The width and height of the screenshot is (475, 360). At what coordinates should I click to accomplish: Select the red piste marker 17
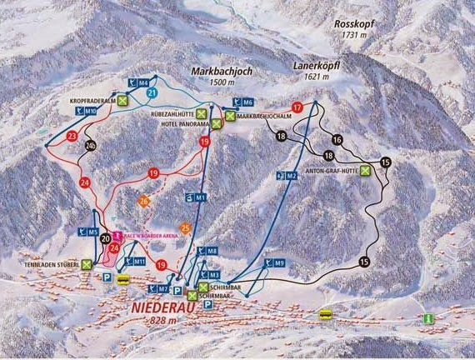tap(297, 107)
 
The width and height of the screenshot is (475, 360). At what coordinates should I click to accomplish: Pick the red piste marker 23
tap(72, 136)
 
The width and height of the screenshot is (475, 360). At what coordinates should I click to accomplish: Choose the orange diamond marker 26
tap(143, 201)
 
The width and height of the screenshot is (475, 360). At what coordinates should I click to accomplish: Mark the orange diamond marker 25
tap(185, 227)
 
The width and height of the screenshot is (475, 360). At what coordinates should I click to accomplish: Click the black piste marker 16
tap(337, 139)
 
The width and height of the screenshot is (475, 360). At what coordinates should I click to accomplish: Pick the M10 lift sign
tap(86, 110)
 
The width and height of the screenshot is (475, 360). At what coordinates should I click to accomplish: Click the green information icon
tap(428, 318)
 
